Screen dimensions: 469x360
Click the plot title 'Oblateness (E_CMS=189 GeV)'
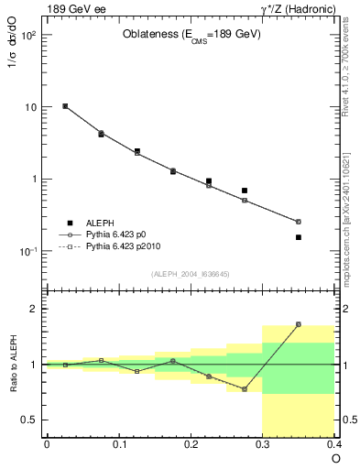pyautogui.click(x=191, y=35)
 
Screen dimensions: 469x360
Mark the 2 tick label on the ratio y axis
pyautogui.click(x=35, y=309)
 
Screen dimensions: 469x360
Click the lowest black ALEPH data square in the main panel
pyautogui.click(x=324, y=237)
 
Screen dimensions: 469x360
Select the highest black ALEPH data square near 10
pyautogui.click(x=65, y=106)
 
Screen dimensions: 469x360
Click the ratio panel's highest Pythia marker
pyautogui.click(x=324, y=324)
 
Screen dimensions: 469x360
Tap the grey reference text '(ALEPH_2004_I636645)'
pyautogui.click(x=191, y=273)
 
